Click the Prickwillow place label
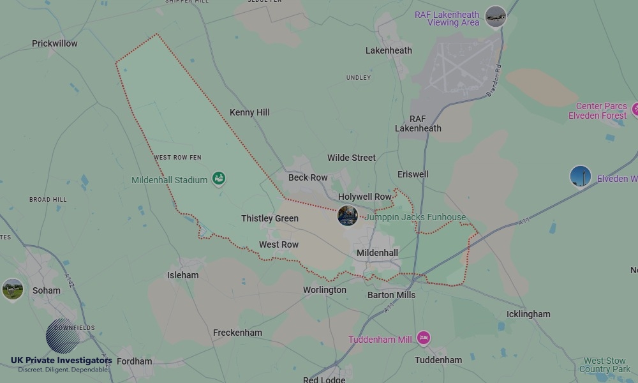click(x=55, y=43)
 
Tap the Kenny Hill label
click(x=249, y=112)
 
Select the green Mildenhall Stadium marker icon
click(x=219, y=179)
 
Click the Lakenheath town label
click(x=389, y=50)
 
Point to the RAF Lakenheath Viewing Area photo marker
click(x=495, y=17)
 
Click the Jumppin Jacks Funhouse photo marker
click(x=348, y=216)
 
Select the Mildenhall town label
click(x=377, y=253)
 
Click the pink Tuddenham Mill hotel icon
click(x=423, y=338)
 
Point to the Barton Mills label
click(x=391, y=295)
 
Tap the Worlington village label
click(x=325, y=290)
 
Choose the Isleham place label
click(x=182, y=275)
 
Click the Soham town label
click(x=47, y=290)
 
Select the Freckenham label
click(x=237, y=333)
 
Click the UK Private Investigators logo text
click(x=61, y=361)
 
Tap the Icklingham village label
click(x=528, y=314)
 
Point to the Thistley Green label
click(x=270, y=218)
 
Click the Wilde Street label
click(x=352, y=158)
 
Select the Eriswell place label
click(x=413, y=174)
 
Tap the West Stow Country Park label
click(x=605, y=365)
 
